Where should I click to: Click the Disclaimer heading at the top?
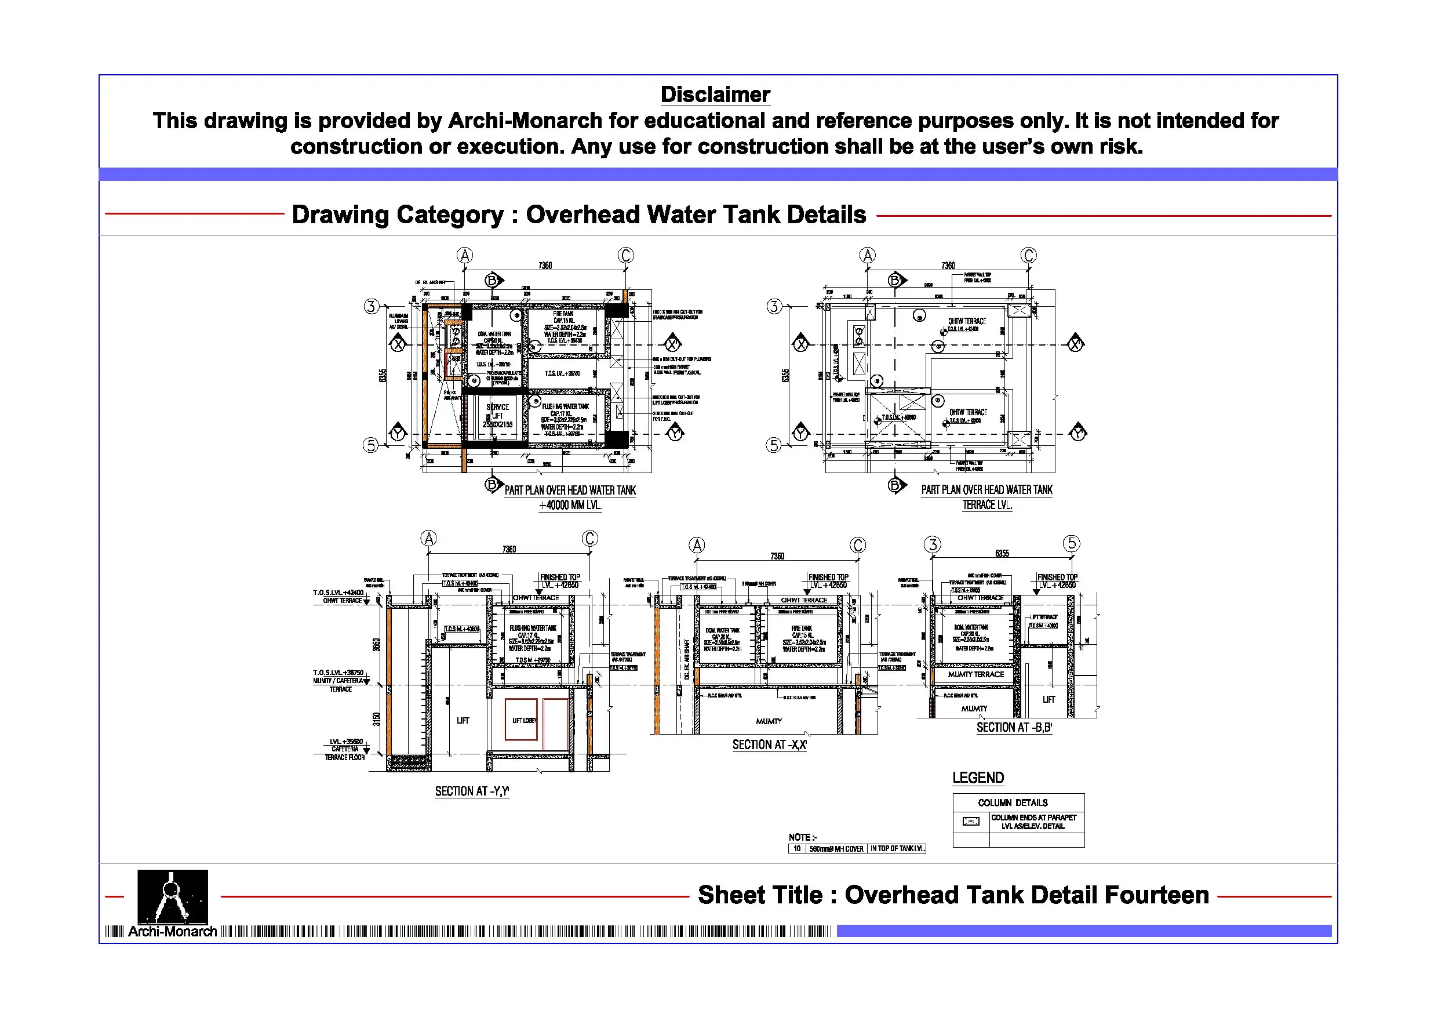715,95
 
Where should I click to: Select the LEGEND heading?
978,778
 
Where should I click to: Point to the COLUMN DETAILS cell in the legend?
1012,802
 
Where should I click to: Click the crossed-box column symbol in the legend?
970,822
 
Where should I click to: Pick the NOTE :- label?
802,837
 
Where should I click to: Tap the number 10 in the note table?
796,848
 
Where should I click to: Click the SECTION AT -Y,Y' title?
472,791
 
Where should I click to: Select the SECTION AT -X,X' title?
769,744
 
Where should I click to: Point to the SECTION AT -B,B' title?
1014,728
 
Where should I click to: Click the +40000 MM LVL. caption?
570,505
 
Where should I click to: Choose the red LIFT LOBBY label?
524,721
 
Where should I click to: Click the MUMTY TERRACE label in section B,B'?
976,674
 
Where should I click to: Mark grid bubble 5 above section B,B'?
1072,543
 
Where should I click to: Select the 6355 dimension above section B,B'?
1002,553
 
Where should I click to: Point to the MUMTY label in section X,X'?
769,721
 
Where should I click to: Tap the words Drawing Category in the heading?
397,215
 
